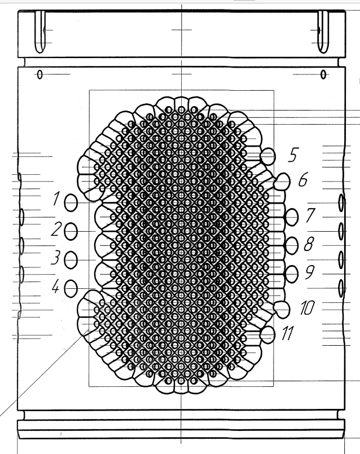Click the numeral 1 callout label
[56, 199]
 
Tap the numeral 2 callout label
[56, 229]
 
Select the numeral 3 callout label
[56, 258]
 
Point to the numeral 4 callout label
[56, 287]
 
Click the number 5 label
[293, 155]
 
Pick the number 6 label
[303, 179]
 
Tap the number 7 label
[310, 215]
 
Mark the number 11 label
[288, 333]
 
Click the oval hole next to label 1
[71, 202]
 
